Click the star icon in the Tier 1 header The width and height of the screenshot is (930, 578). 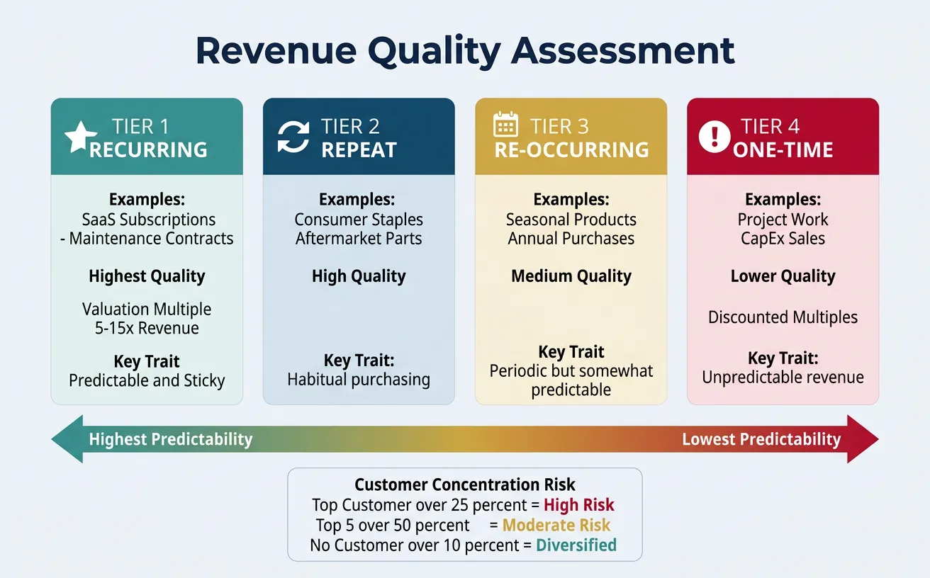(81, 137)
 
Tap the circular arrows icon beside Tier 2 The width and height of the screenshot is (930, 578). (293, 137)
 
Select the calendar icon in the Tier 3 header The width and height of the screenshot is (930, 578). (505, 125)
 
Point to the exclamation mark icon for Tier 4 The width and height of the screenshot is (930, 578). (714, 136)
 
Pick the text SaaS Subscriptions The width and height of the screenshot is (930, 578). (149, 220)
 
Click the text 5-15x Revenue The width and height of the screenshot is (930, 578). (147, 328)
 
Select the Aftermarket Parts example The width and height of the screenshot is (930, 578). (359, 239)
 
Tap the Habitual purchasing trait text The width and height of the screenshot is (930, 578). (359, 380)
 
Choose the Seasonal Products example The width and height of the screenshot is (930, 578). (571, 220)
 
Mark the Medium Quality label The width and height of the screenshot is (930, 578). (571, 276)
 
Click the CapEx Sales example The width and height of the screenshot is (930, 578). (783, 239)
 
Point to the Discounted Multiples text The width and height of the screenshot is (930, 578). (783, 317)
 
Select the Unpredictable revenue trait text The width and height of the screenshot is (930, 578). (783, 378)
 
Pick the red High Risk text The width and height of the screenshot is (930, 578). (578, 505)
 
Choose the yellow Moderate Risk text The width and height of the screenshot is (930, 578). (556, 526)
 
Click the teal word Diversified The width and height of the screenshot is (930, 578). (576, 545)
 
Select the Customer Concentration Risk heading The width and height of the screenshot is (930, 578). (465, 485)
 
